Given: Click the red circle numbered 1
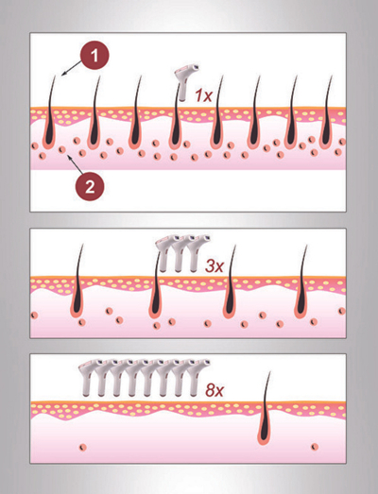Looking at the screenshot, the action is click(94, 56).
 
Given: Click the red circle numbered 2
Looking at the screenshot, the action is click(90, 187).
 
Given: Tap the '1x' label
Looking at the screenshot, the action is click(203, 95).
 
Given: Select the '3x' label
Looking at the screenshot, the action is click(215, 266).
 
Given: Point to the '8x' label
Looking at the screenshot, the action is click(215, 390).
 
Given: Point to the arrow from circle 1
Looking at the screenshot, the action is click(72, 68).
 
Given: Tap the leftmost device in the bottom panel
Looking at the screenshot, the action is click(89, 377).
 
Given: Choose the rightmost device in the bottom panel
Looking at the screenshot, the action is click(198, 377).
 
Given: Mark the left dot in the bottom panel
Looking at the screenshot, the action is click(83, 448).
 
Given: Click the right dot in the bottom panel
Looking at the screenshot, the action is click(315, 447).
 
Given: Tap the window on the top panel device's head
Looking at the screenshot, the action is click(196, 67).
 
